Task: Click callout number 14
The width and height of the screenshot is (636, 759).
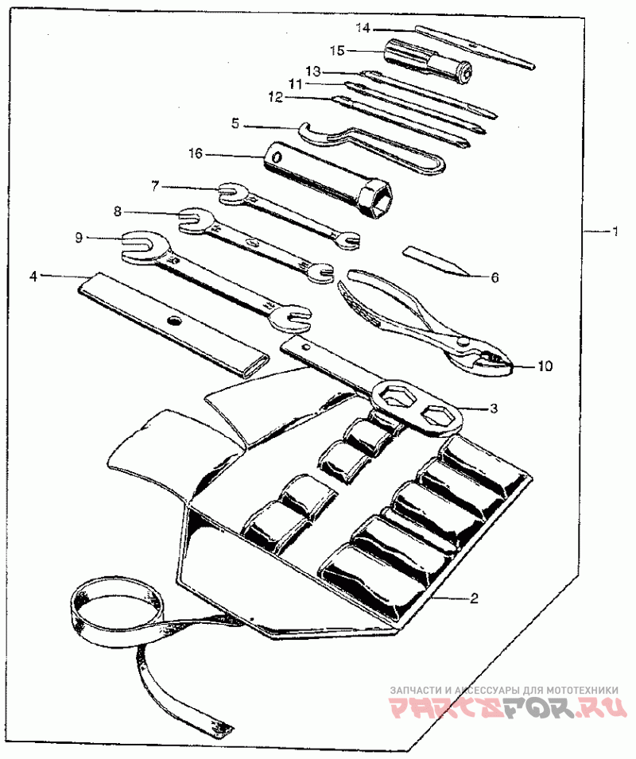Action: (x=363, y=28)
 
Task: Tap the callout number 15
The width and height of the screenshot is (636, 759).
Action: (x=336, y=50)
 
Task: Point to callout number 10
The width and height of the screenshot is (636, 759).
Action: (x=544, y=366)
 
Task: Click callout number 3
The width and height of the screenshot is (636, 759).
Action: (x=494, y=408)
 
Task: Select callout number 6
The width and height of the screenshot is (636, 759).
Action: (x=494, y=277)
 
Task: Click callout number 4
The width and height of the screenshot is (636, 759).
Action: (x=33, y=276)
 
